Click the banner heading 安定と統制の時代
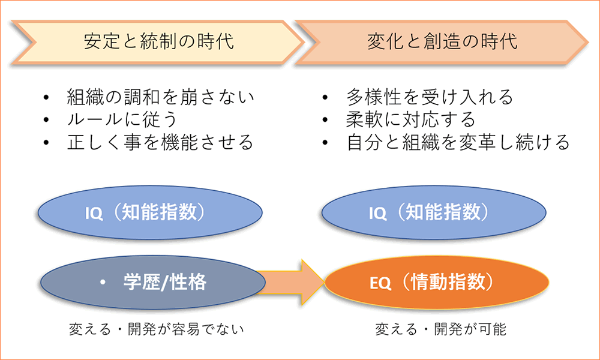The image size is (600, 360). (x=159, y=41)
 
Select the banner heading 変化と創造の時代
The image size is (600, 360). (x=443, y=41)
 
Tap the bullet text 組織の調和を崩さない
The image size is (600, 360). (x=161, y=97)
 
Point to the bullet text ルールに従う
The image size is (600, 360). (x=122, y=120)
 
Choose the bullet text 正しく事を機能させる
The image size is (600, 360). (x=160, y=142)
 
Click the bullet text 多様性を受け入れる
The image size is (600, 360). (x=430, y=97)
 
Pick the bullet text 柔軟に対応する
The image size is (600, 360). (x=411, y=120)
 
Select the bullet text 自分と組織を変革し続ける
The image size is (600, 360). (x=458, y=142)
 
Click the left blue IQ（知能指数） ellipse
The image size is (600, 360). (x=150, y=213)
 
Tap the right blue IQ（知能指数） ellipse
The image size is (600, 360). (x=434, y=213)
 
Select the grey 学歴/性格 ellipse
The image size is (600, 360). (x=152, y=283)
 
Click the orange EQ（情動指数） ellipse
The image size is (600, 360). (x=437, y=283)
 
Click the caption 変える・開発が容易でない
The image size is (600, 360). (x=156, y=329)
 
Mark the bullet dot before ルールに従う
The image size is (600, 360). (x=46, y=120)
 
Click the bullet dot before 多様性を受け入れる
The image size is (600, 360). (x=325, y=97)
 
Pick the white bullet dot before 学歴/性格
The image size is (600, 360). (x=103, y=283)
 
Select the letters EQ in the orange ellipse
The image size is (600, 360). (x=380, y=283)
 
